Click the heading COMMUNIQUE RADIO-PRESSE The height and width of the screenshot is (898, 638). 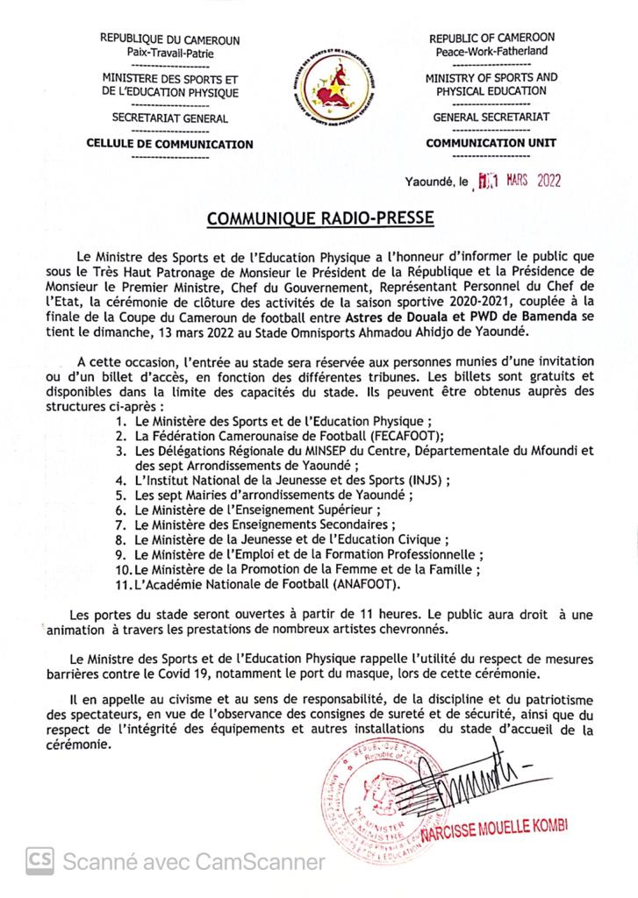319,217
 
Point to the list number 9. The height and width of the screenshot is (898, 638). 123,555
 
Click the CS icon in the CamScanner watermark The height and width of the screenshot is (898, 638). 40,861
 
